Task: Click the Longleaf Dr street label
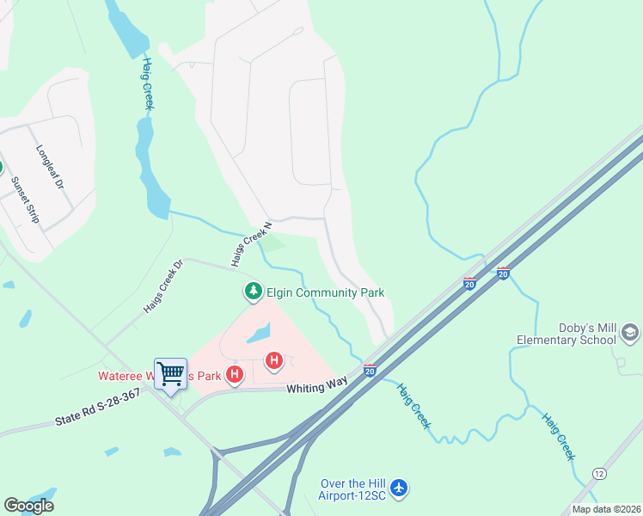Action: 50,166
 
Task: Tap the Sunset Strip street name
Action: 25,200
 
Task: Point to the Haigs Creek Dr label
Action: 162,286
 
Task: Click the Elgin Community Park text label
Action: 325,293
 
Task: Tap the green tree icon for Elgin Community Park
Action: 253,292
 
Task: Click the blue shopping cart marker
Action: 170,374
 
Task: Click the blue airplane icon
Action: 398,488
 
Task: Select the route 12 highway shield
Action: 598,474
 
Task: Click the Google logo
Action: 28,506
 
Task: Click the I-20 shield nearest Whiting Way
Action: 369,371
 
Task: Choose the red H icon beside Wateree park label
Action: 234,374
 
